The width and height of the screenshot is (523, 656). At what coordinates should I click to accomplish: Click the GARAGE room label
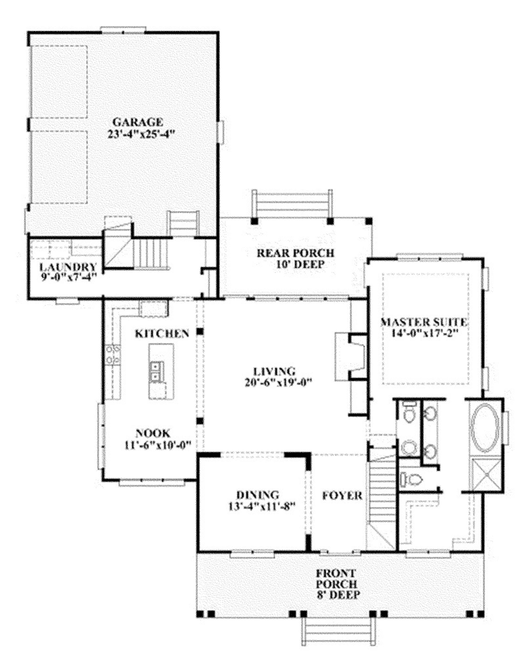pos(138,122)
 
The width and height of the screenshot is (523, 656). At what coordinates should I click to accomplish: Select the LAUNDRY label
pos(68,267)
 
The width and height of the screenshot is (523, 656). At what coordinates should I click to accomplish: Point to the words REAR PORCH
pos(295,253)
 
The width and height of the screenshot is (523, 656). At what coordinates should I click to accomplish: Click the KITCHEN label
pos(162,334)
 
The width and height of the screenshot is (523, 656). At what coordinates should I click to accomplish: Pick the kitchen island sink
pos(157,372)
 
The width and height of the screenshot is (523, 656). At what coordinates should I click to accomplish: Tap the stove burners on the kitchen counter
pos(113,354)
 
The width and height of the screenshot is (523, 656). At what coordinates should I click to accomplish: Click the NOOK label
pos(153,433)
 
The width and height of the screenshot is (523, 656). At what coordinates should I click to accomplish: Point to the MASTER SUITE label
pos(424,322)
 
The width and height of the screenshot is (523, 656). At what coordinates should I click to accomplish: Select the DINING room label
pos(258,495)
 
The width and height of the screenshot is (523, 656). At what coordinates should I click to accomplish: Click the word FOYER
pos(342,496)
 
